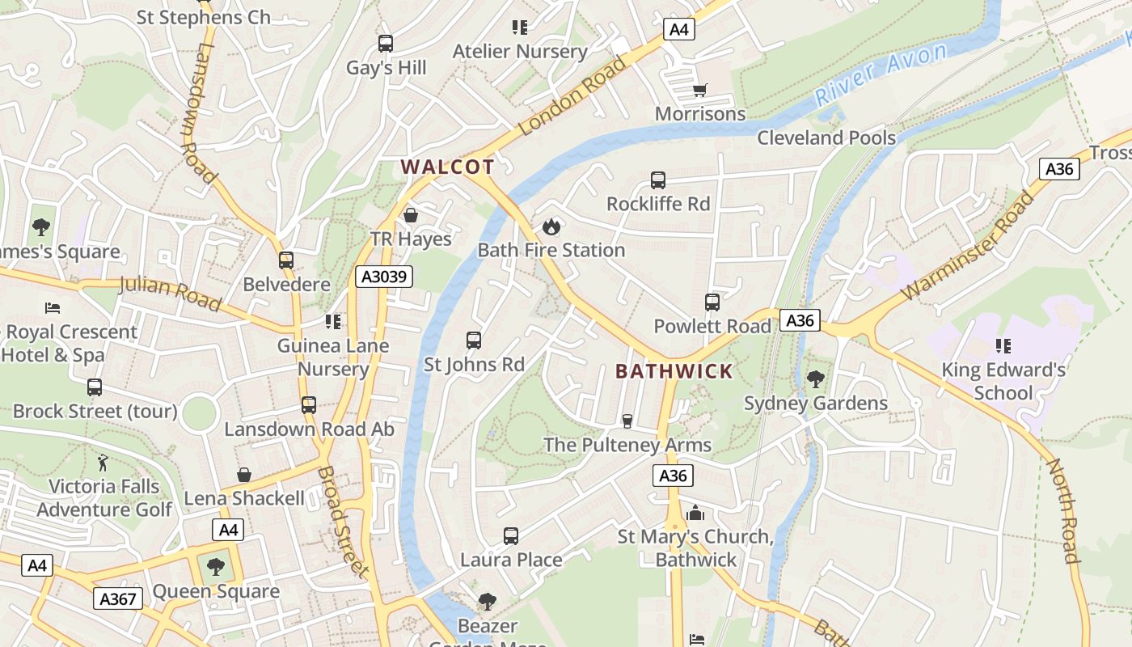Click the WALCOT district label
pos(447,167)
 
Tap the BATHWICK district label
pos(674,371)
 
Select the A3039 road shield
pos(385,277)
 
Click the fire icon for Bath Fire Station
pos(551,226)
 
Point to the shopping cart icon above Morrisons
pos(700,90)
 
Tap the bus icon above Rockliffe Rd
pos(658,180)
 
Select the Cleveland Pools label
pos(826,137)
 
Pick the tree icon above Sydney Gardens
pos(816,378)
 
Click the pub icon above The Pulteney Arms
pos(627,421)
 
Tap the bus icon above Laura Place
pos(511,535)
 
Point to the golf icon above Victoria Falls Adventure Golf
pos(103,463)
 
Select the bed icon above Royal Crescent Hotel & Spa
pos(53,308)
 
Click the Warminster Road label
pos(967,245)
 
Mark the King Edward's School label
pos(1003,382)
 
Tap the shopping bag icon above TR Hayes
pos(411,215)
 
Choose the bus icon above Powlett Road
pos(712,302)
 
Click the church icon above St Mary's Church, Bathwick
pos(695,513)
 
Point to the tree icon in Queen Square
pos(215,567)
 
